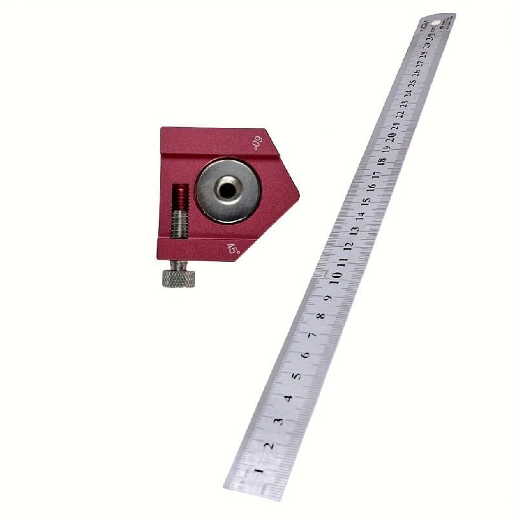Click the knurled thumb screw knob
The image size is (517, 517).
(x=178, y=279)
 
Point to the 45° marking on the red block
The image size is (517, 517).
(x=233, y=248)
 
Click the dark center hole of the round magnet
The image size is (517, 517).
(x=227, y=189)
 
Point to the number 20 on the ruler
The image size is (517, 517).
(x=392, y=137)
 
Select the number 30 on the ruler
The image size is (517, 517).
(x=429, y=37)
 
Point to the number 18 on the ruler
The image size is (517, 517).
(x=382, y=161)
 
